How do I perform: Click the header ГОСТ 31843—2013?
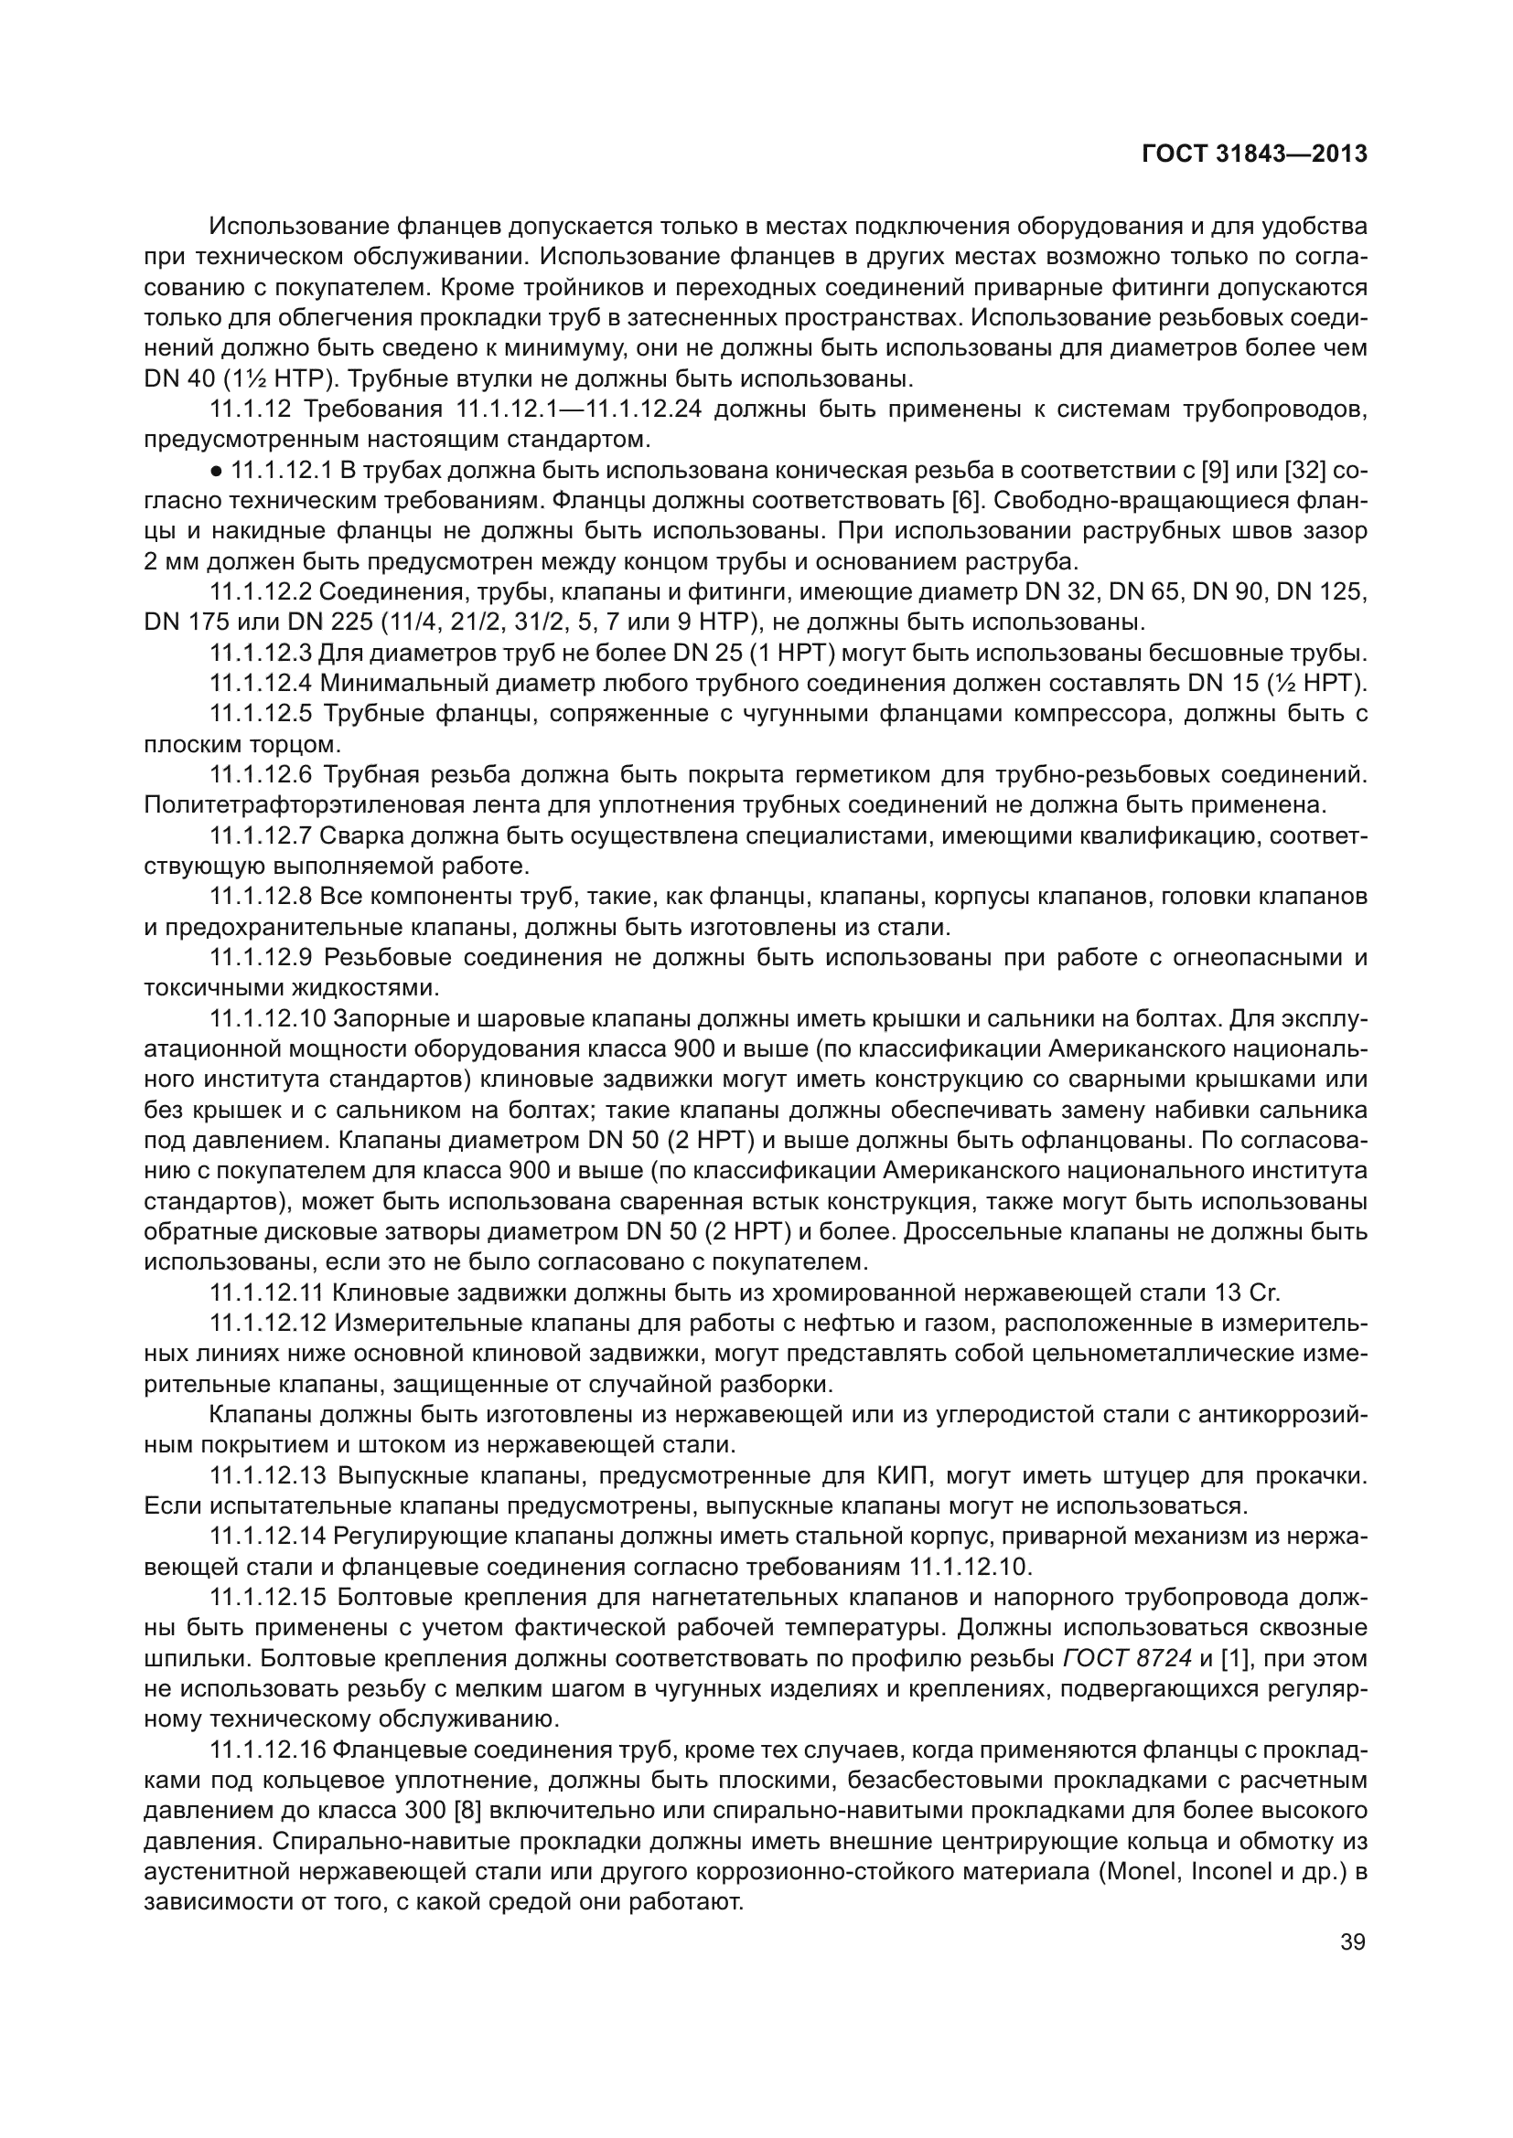pyautogui.click(x=1254, y=154)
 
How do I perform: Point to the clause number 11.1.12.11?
pyautogui.click(x=266, y=1292)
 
